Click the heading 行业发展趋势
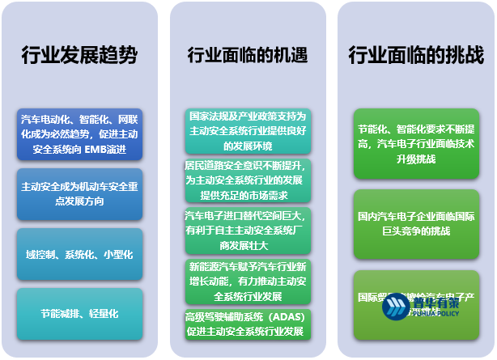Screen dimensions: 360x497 point(79,56)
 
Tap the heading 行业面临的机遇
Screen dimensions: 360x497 point(248,56)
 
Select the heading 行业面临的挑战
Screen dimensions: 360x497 point(416,56)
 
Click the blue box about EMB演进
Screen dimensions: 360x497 point(79,133)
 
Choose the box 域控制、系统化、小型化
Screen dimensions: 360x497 point(79,254)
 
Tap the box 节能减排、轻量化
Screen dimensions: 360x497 point(79,313)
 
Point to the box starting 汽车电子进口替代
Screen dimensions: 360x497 point(248,231)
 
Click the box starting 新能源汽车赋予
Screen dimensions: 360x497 point(248,280)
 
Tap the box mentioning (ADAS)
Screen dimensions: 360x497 point(248,324)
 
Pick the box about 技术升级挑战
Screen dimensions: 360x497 point(416,143)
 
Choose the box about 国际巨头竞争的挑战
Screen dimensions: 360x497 point(416,224)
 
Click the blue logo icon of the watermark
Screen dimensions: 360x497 point(397,308)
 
